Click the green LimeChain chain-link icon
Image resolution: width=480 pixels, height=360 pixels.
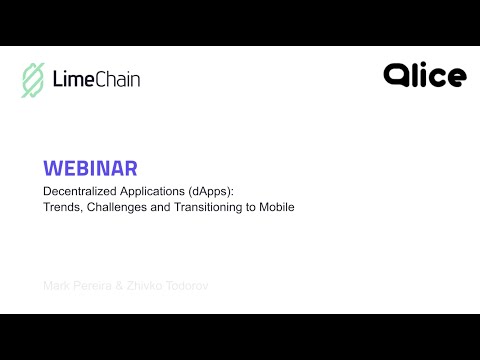tap(33, 80)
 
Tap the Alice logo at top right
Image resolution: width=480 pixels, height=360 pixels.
tap(425, 75)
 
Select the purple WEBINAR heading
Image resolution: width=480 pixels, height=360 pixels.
tap(90, 167)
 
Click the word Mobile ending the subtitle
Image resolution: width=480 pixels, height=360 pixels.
tap(275, 207)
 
